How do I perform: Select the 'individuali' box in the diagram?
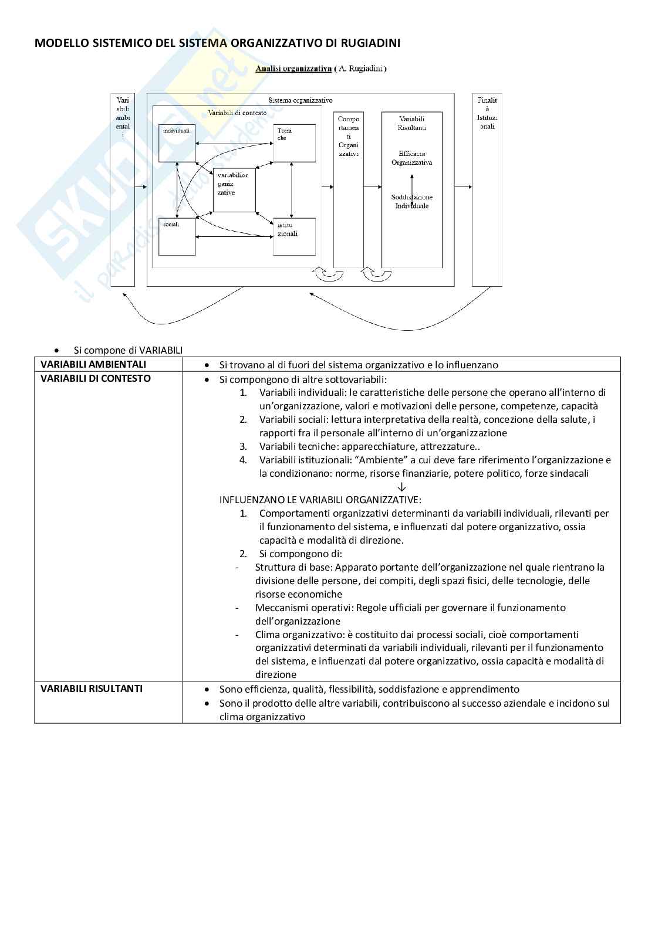(x=177, y=143)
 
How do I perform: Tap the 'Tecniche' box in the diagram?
(x=294, y=143)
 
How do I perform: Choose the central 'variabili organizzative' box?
(x=234, y=190)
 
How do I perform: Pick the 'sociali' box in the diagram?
(x=177, y=236)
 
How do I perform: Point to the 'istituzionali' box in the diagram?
(x=294, y=236)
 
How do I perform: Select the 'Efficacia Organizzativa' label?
(x=411, y=158)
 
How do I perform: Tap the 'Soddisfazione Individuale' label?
(x=411, y=201)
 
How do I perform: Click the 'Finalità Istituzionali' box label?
(x=487, y=113)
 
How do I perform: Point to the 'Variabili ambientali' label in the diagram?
(x=123, y=117)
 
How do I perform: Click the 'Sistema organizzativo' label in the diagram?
(x=300, y=100)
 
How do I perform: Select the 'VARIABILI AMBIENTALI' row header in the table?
(x=93, y=364)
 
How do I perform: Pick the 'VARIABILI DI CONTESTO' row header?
(x=96, y=378)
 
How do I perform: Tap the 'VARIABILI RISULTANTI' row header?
(x=92, y=688)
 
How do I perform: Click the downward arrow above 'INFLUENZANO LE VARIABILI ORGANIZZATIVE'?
(x=402, y=487)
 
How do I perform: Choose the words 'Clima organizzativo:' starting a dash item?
(x=299, y=635)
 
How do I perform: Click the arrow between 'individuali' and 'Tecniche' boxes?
(x=234, y=143)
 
